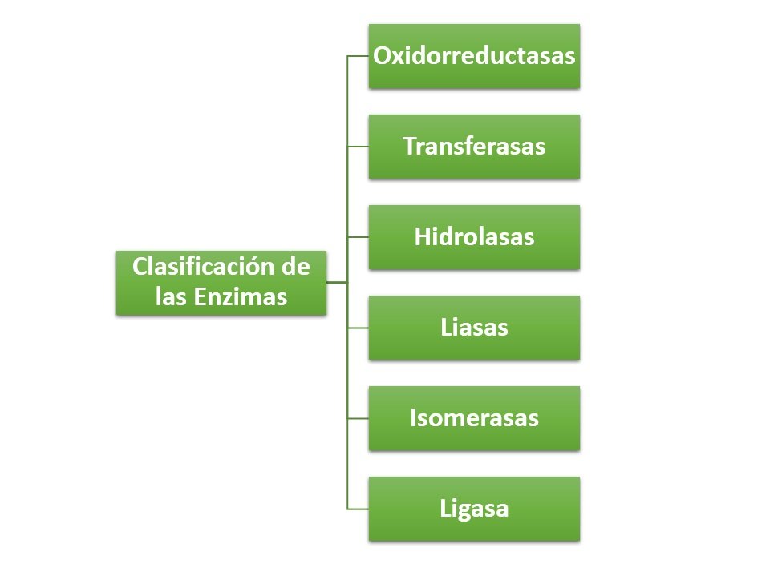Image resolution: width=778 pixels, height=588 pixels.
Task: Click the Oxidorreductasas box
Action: point(474,56)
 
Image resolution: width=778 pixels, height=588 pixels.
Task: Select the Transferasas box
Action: point(474,147)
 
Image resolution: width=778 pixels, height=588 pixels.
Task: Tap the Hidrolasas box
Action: point(474,237)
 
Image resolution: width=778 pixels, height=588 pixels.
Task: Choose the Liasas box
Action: point(474,328)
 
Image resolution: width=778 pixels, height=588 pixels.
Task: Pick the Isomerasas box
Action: point(474,419)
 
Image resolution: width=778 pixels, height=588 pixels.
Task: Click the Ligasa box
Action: point(474,509)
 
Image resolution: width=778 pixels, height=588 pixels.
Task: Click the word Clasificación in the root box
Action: point(204,266)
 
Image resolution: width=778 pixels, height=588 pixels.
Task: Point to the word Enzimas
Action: point(240,296)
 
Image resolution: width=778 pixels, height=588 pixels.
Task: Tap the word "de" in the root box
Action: point(296,266)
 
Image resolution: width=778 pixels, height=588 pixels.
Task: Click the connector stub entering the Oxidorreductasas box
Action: point(358,56)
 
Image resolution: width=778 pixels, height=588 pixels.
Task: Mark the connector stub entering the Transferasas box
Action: point(358,147)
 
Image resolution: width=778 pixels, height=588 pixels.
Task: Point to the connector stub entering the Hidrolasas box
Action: point(358,237)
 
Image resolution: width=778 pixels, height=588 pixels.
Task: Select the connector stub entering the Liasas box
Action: point(358,328)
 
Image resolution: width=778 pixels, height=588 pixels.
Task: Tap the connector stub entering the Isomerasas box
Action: point(358,419)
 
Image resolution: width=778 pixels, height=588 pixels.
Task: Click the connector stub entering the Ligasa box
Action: point(358,509)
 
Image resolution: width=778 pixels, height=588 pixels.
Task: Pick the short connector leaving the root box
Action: point(337,282)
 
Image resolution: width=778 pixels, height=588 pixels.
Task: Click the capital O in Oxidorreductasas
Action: point(383,56)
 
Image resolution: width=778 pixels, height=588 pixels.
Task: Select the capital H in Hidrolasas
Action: point(422,237)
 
